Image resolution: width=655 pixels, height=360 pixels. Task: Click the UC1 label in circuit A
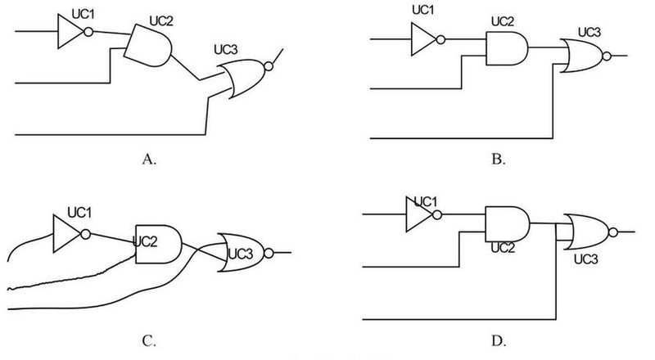coord(84,14)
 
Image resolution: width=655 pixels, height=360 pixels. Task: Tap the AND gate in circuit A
coord(148,46)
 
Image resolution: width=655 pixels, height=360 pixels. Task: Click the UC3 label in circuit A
coord(226,50)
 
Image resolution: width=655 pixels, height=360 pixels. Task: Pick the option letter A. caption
coord(149,159)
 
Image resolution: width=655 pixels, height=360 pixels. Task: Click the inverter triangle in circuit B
coord(423,39)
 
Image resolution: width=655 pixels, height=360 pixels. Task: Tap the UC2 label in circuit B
coord(503,21)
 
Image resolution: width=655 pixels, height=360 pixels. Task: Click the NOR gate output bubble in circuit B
coord(607,56)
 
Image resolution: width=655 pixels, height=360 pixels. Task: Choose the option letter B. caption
coord(499,159)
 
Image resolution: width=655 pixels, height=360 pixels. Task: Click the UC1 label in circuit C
coord(79,213)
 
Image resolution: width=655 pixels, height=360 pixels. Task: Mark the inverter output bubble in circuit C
coord(85,234)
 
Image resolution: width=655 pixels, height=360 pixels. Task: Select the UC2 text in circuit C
coord(145,241)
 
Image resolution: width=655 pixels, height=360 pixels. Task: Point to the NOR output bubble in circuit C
coord(269,253)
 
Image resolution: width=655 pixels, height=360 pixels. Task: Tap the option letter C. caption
coord(149,341)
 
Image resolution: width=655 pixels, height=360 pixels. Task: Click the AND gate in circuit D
coord(508,224)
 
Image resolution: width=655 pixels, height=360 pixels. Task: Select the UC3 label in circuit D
coord(585,259)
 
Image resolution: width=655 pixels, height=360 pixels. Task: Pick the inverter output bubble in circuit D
coord(437,214)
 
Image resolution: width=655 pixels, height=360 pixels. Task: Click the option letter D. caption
coord(499,341)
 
